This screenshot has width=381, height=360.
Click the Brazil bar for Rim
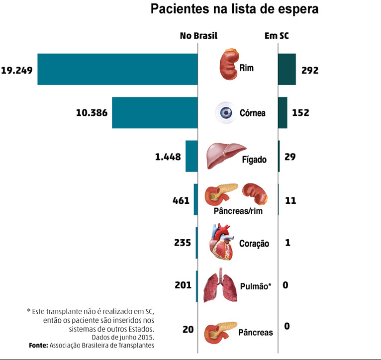point(117,69)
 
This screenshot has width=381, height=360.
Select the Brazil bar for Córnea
point(155,113)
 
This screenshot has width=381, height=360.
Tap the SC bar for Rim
point(286,69)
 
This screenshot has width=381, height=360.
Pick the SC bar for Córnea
point(282,113)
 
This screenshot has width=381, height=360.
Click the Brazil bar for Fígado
point(191,156)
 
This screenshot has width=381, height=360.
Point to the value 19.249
point(17,70)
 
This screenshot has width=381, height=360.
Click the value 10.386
point(92,113)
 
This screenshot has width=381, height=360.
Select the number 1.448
point(168,157)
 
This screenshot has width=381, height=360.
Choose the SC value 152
point(300,113)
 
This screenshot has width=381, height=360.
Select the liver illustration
point(226,155)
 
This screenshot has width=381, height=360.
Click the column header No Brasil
point(198,36)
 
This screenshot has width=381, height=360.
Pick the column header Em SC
point(277,36)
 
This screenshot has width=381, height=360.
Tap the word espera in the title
point(296,9)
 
